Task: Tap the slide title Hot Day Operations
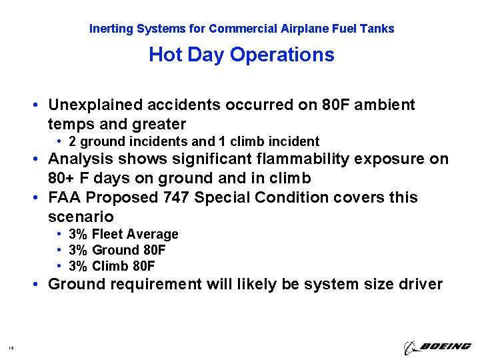pos(241,55)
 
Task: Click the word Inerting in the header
pos(111,29)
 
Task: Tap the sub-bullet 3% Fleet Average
pos(123,234)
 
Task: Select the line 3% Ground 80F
pos(117,250)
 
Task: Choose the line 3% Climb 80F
pos(111,266)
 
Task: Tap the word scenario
pos(81,217)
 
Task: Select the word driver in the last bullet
pos(421,285)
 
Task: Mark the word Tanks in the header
pos(378,29)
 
